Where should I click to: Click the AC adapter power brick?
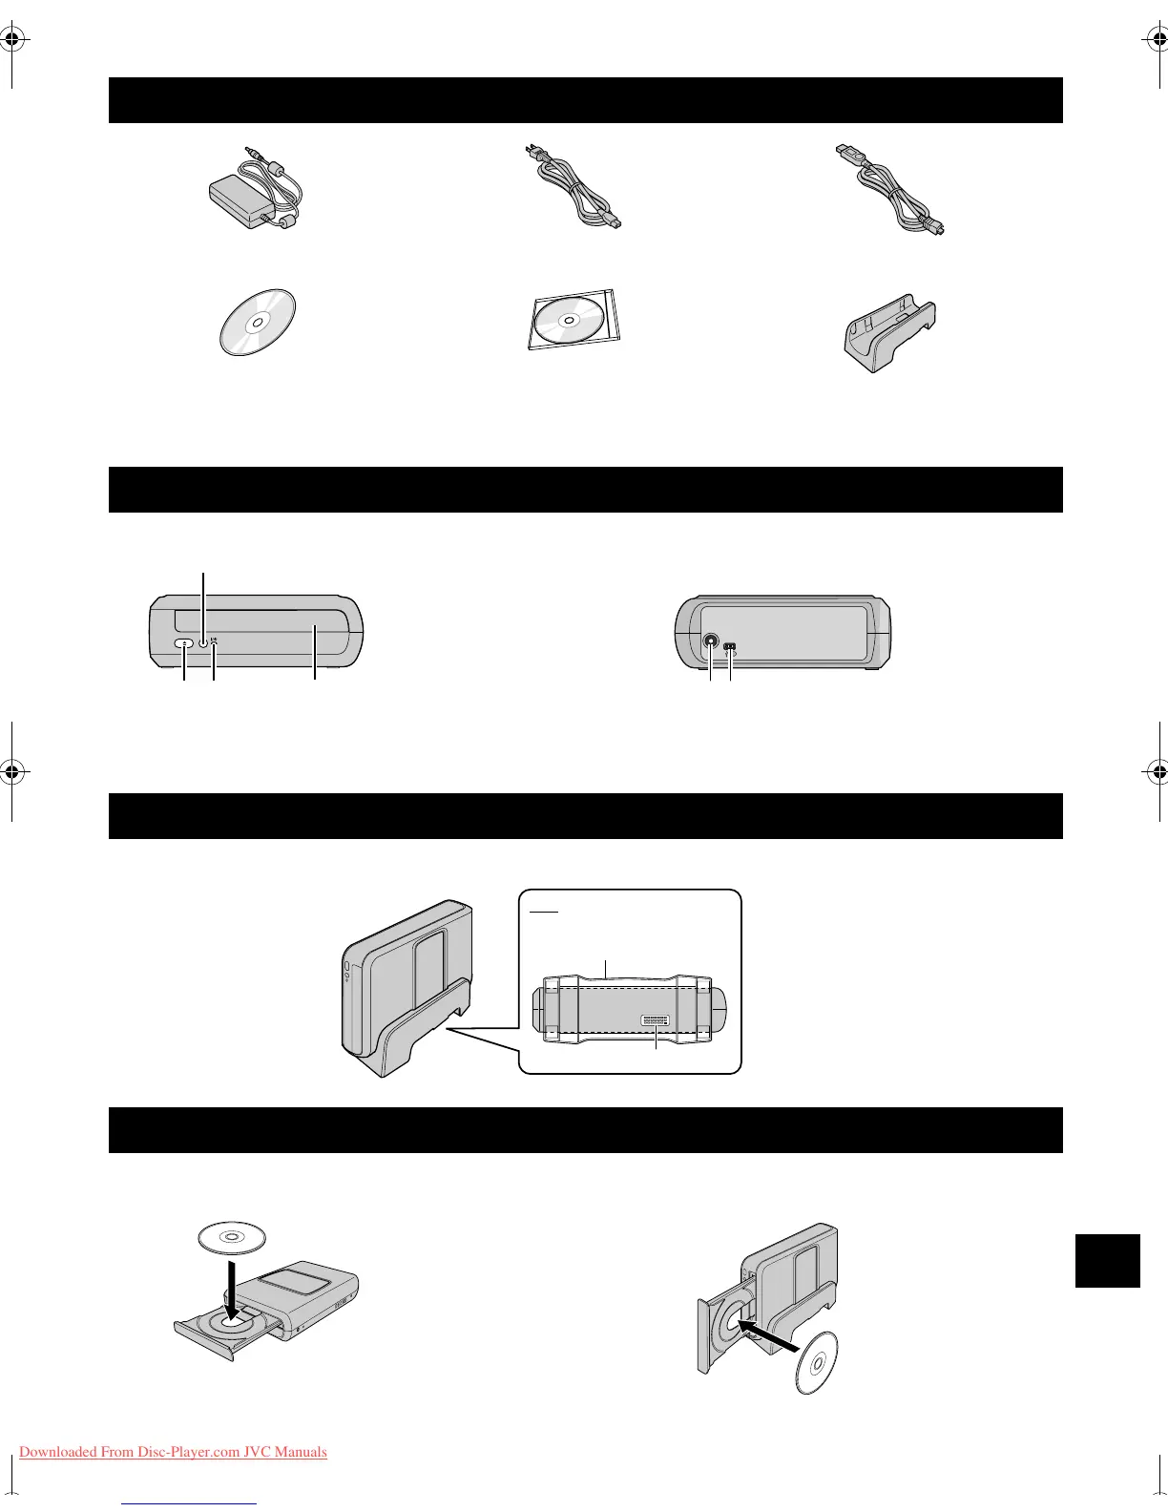point(239,199)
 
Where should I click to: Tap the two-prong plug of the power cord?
point(528,154)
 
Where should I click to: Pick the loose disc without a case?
point(257,322)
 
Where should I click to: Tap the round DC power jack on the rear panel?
point(712,643)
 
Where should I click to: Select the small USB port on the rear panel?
point(730,646)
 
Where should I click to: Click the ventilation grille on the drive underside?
point(656,1021)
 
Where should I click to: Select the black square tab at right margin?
point(1107,1261)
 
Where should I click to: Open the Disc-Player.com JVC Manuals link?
point(173,1452)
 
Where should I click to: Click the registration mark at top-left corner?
point(12,40)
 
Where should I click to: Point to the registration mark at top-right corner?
point(1155,40)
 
